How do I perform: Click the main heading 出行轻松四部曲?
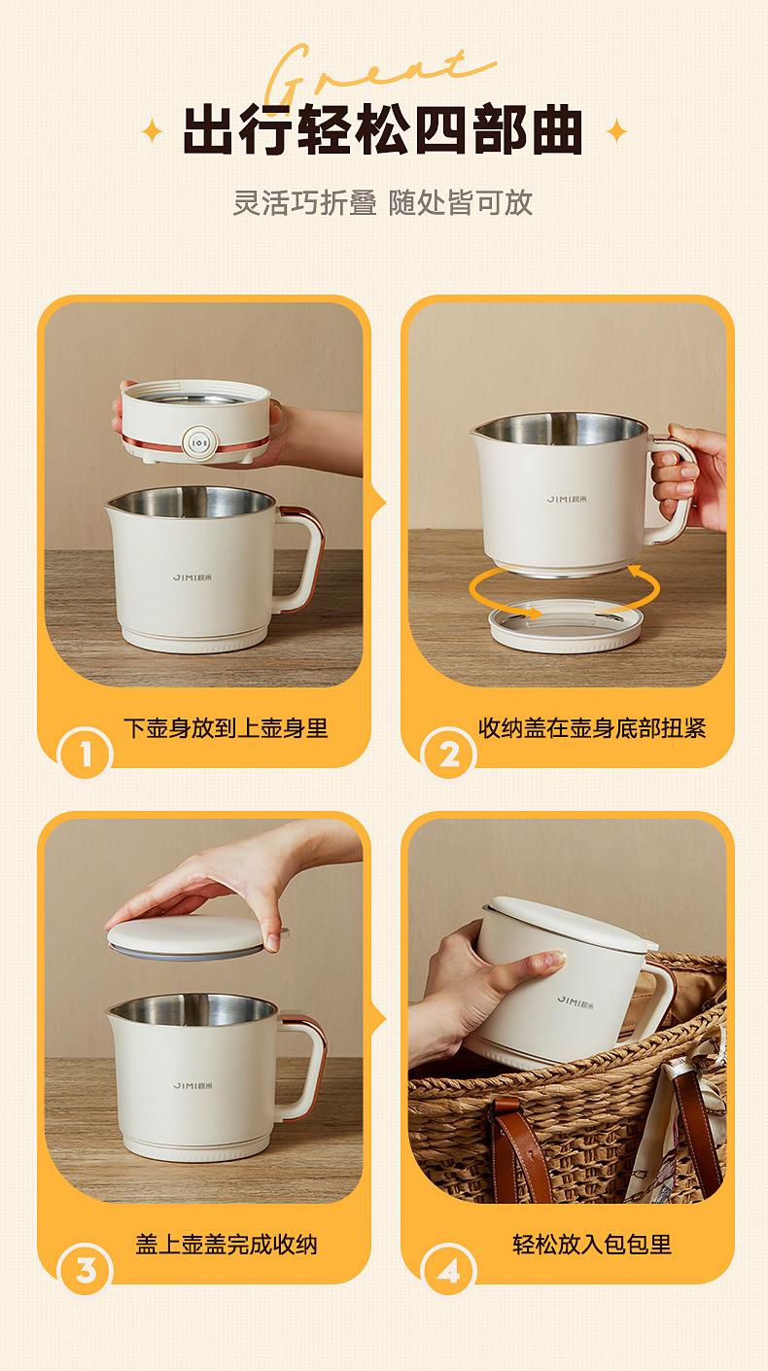tap(382, 130)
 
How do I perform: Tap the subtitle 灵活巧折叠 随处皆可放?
tap(382, 202)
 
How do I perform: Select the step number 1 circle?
tap(85, 753)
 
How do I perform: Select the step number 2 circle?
tap(448, 753)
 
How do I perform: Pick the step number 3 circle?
tap(85, 1270)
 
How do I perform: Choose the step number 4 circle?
tap(448, 1270)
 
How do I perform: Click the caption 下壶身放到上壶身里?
tap(226, 727)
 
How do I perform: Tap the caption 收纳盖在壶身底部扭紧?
tap(592, 727)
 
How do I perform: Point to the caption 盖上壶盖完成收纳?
tap(227, 1245)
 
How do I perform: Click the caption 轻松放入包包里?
tap(592, 1245)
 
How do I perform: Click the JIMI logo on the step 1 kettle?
tap(192, 577)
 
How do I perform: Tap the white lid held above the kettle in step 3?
tap(194, 937)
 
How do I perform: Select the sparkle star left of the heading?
tap(152, 131)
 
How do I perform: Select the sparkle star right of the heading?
tap(617, 131)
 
